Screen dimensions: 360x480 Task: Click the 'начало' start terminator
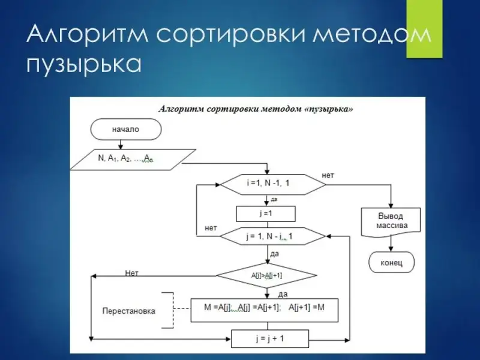tap(125, 128)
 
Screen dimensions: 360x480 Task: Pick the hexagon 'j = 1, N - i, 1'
tap(273, 236)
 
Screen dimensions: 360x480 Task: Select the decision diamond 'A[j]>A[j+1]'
tap(266, 275)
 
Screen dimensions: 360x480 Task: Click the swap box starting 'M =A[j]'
tap(265, 309)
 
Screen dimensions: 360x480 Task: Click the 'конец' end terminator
tap(392, 262)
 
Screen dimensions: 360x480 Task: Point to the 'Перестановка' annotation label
tap(128, 311)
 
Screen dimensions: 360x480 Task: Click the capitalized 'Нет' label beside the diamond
tap(131, 273)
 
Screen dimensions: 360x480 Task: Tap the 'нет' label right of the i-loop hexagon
tap(328, 175)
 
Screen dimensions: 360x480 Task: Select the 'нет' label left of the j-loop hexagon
tap(211, 227)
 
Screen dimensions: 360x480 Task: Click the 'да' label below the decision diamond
tap(283, 294)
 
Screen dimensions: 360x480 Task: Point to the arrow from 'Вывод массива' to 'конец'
tap(392, 242)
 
